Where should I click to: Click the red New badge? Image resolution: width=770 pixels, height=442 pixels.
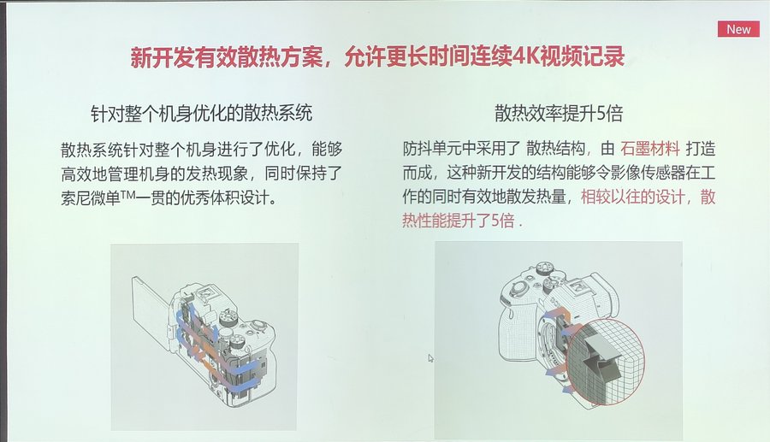[x=738, y=29]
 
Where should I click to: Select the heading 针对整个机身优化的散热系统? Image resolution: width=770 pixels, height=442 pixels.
[x=201, y=114]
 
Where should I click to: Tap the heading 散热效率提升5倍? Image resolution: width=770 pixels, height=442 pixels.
[x=559, y=114]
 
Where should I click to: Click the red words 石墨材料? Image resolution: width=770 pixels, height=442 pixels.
[x=650, y=148]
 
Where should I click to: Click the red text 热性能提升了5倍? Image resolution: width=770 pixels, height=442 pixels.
[x=459, y=221]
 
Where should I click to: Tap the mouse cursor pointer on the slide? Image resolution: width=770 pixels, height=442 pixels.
[x=430, y=358]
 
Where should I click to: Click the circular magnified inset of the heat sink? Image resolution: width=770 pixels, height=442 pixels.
[x=605, y=362]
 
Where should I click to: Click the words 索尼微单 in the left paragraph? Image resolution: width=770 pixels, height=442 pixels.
[x=91, y=197]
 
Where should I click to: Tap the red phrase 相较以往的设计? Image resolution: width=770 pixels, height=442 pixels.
[x=633, y=197]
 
